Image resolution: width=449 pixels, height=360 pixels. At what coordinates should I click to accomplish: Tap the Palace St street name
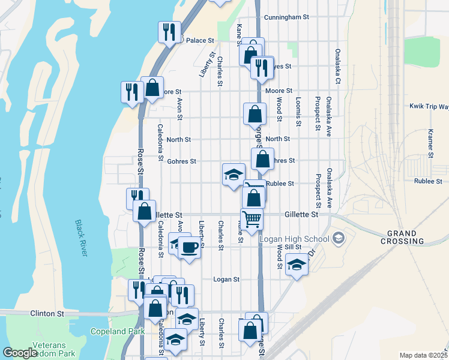(x=200, y=41)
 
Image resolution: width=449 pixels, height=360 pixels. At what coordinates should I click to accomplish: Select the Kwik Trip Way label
(x=429, y=106)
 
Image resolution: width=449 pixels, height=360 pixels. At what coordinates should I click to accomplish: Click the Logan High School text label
(x=295, y=239)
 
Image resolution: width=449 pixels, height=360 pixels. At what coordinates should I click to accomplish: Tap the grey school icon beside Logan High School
(x=339, y=239)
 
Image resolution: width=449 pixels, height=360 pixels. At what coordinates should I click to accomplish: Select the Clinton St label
(x=47, y=313)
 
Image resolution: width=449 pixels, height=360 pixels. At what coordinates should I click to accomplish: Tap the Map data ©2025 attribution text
(x=423, y=355)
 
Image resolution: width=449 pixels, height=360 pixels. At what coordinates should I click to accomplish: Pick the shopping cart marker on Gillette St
(x=252, y=218)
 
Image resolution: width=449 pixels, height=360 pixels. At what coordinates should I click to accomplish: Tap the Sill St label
(x=292, y=247)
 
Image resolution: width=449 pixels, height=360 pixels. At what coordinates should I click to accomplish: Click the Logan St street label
(x=227, y=279)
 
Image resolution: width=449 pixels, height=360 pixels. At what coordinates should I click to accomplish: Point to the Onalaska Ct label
(x=338, y=65)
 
